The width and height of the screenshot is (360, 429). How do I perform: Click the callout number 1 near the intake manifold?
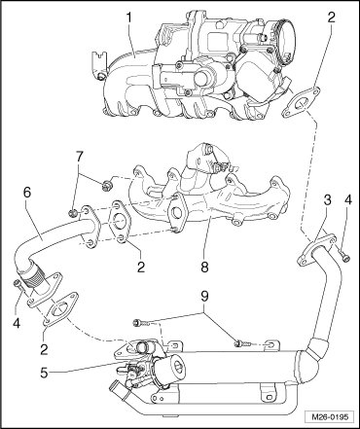tap(129, 18)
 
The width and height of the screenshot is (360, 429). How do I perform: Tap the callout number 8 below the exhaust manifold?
tap(204, 267)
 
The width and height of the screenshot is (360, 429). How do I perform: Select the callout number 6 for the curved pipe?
tap(27, 193)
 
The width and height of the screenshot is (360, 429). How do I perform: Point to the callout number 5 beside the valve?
tap(44, 373)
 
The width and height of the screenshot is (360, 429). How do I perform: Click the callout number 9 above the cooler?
tap(204, 296)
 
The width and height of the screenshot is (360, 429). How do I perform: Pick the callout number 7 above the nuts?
tap(80, 158)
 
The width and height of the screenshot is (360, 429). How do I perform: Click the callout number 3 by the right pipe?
tap(327, 199)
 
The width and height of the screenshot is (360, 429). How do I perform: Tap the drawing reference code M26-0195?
tap(330, 416)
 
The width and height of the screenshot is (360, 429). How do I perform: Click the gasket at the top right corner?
tap(301, 102)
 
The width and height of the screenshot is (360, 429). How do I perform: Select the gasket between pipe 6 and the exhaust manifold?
tap(120, 222)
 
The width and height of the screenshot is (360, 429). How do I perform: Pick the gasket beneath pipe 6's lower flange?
tap(61, 309)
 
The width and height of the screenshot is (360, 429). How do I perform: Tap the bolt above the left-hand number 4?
tap(18, 286)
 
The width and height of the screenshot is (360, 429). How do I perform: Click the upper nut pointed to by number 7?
tap(106, 186)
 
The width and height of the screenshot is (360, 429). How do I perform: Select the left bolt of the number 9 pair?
tap(139, 323)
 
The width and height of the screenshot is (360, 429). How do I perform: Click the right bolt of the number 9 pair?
tap(242, 343)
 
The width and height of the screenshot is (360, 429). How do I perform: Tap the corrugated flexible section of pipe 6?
tap(33, 276)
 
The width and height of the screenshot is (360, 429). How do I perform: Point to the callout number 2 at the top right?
tap(331, 18)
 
